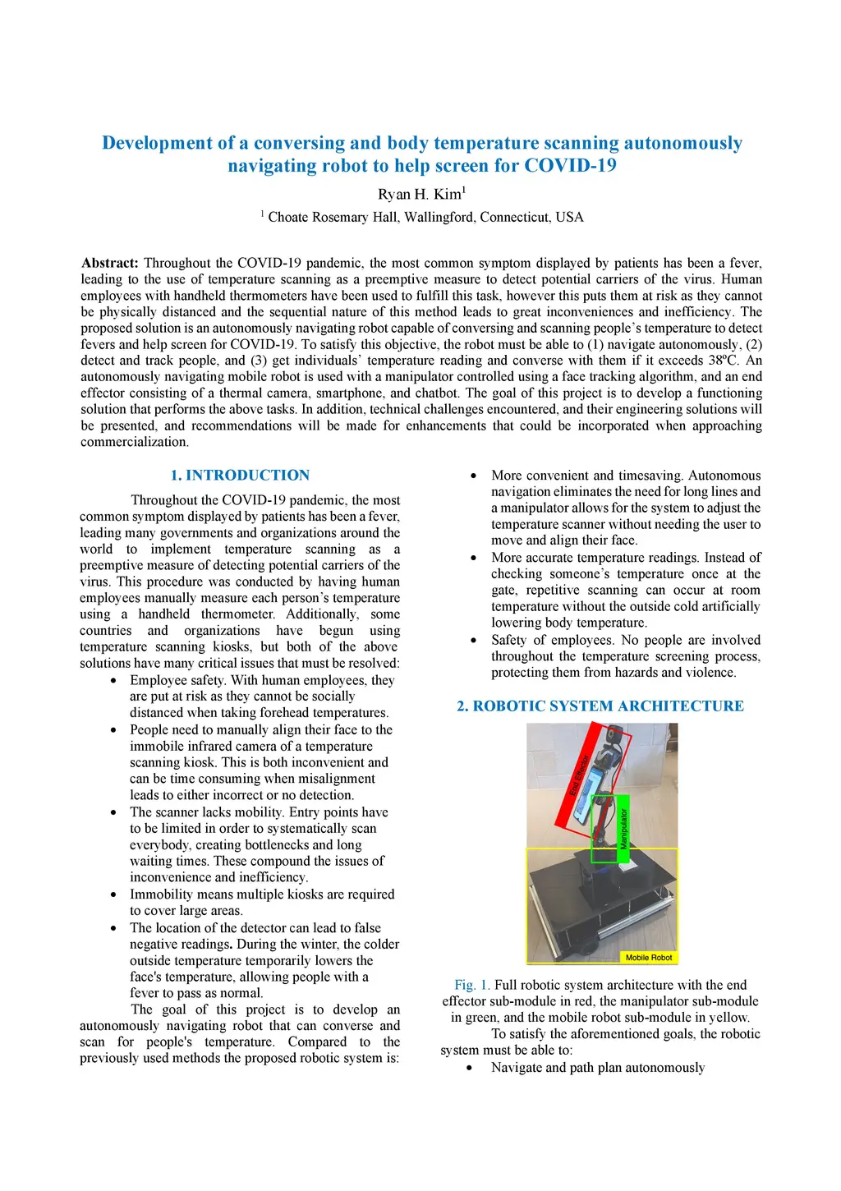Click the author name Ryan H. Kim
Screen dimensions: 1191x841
[420, 195]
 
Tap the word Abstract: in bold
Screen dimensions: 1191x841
[110, 263]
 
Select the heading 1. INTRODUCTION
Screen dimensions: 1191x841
[240, 475]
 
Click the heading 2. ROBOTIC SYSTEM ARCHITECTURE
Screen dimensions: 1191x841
[600, 706]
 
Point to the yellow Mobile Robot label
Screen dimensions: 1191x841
[648, 957]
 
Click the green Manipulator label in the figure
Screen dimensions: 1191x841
[623, 828]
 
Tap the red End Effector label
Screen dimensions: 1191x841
[580, 775]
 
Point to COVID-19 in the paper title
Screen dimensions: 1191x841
[570, 166]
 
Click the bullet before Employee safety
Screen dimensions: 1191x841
[113, 681]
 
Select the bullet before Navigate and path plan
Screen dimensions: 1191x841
[470, 1068]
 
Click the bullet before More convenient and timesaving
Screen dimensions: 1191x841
[474, 476]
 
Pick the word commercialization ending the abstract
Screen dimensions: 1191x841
[135, 442]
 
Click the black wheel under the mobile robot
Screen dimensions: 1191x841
[587, 947]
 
